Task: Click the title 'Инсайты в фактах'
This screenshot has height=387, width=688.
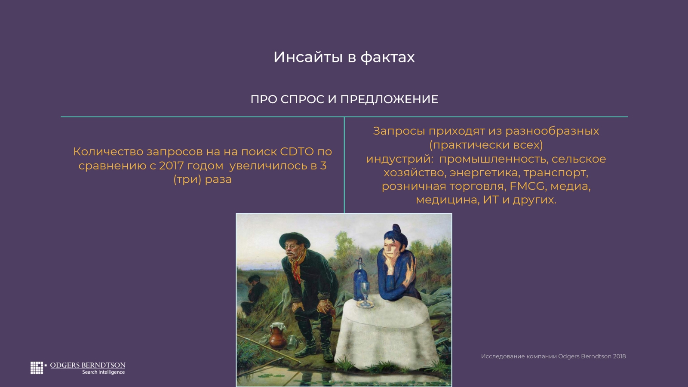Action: (x=344, y=57)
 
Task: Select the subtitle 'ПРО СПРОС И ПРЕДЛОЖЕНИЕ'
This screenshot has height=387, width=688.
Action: (x=344, y=99)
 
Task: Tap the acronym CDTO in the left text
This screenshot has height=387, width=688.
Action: (x=297, y=151)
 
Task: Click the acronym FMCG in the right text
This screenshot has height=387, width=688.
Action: (x=527, y=186)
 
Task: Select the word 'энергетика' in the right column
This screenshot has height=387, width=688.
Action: (x=485, y=173)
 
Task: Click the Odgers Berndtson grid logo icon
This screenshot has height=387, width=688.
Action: (x=37, y=368)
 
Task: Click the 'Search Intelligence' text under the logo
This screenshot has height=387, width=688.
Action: (x=103, y=372)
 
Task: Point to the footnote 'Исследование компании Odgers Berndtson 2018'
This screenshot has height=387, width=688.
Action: (x=553, y=356)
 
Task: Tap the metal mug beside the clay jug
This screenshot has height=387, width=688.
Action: (x=292, y=342)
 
